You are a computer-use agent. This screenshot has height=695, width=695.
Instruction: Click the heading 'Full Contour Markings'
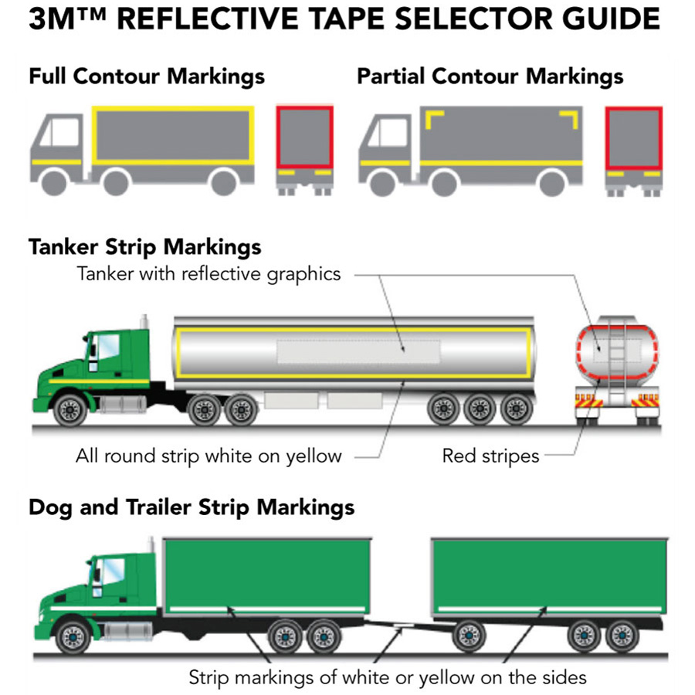[x=147, y=77]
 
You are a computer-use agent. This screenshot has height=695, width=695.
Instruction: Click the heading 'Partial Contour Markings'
[x=490, y=77]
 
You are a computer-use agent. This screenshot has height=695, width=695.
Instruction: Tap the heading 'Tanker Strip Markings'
[x=145, y=247]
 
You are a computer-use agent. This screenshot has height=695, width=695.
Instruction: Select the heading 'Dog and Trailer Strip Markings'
[x=192, y=507]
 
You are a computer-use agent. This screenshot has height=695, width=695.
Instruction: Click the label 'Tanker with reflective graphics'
[x=208, y=274]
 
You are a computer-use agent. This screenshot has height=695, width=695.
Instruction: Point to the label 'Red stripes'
[x=490, y=456]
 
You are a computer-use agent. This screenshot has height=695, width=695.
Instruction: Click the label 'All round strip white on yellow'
[x=208, y=456]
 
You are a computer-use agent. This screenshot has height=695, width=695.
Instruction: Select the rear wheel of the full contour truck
[x=223, y=182]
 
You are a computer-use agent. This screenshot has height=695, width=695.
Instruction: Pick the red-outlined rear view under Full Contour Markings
[x=305, y=137]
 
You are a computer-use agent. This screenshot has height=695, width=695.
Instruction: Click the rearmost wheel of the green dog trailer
[x=622, y=636]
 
